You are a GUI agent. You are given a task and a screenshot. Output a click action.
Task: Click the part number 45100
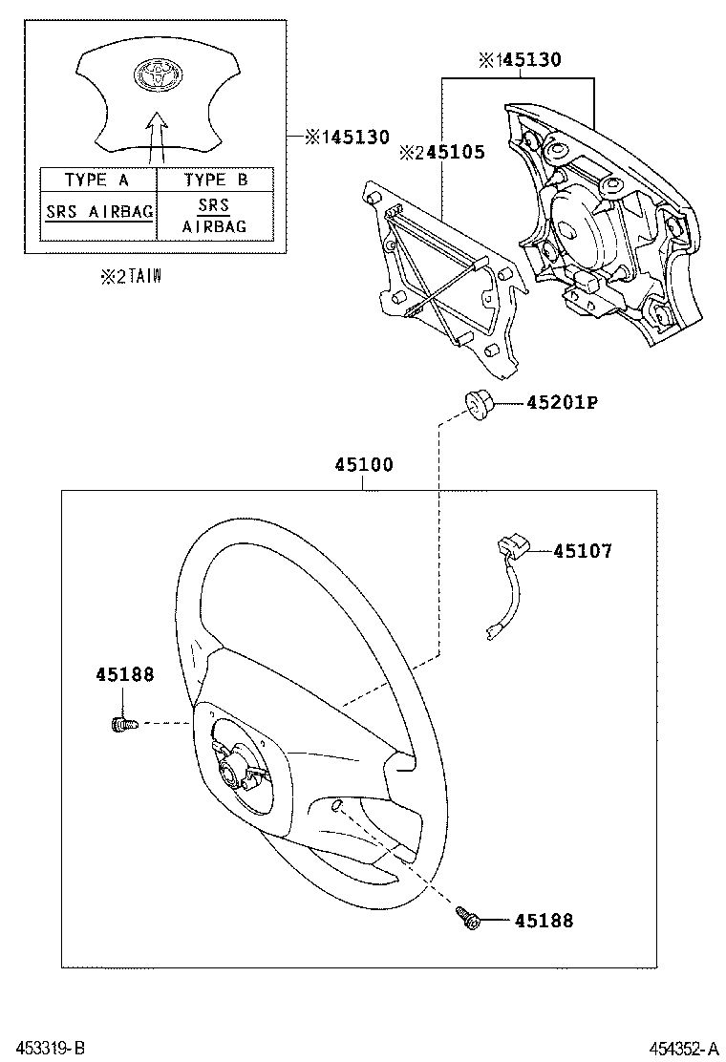[x=363, y=465]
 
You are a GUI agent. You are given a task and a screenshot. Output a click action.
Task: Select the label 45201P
[x=561, y=403]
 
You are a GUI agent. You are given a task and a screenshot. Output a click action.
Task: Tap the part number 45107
[x=583, y=551]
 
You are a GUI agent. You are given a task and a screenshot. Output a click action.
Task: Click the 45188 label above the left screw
[x=124, y=674]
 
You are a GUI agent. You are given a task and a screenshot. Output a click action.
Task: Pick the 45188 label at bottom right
[x=544, y=921]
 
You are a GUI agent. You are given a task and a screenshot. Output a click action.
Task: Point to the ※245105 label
[x=441, y=152]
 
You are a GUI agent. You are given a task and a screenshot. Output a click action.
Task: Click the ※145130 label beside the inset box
[x=348, y=138]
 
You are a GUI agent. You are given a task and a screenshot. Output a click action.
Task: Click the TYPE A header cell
[x=96, y=180]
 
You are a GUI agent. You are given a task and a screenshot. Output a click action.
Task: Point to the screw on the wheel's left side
[x=121, y=724]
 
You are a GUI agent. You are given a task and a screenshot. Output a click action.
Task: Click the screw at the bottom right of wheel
[x=467, y=919]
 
